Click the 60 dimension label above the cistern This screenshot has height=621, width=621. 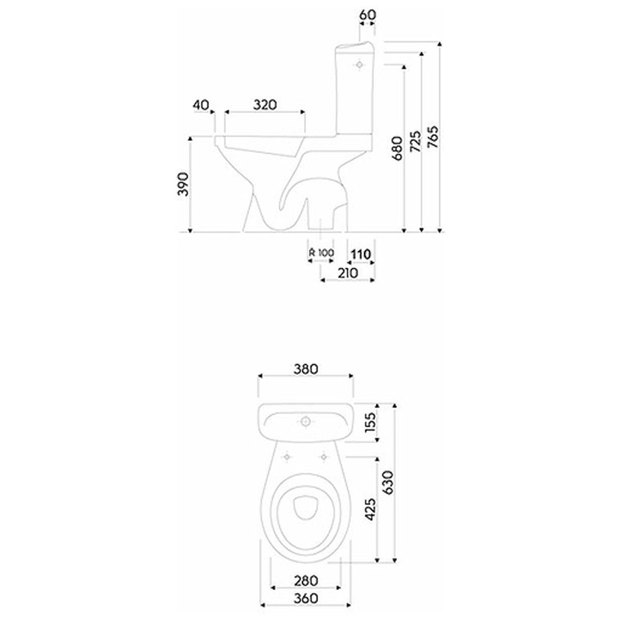coord(367,15)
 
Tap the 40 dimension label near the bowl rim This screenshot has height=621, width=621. coord(201,105)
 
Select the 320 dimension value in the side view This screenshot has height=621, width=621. coord(265,105)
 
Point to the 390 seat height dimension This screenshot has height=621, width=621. coord(183,184)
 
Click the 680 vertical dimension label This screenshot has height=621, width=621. coord(397,148)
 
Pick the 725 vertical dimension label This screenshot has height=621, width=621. coord(415,142)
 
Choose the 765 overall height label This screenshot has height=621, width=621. coord(433,137)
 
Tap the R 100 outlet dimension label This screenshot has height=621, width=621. coord(321,253)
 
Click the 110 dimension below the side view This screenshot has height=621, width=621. coord(361,254)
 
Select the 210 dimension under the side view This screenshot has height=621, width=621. coord(348,273)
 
